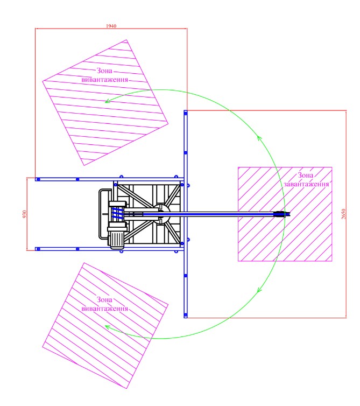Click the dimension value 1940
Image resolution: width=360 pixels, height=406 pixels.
[111, 26]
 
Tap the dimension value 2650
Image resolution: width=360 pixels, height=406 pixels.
[343, 214]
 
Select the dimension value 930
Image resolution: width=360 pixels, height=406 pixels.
[25, 214]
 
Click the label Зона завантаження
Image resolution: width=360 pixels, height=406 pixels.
[306, 180]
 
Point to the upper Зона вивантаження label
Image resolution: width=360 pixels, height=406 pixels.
[104, 75]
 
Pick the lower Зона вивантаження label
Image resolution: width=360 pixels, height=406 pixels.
[104, 304]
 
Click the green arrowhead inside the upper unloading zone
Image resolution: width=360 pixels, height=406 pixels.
[108, 101]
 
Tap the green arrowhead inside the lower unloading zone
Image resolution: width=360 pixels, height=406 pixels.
[108, 327]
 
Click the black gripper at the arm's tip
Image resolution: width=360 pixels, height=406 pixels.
[282, 214]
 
